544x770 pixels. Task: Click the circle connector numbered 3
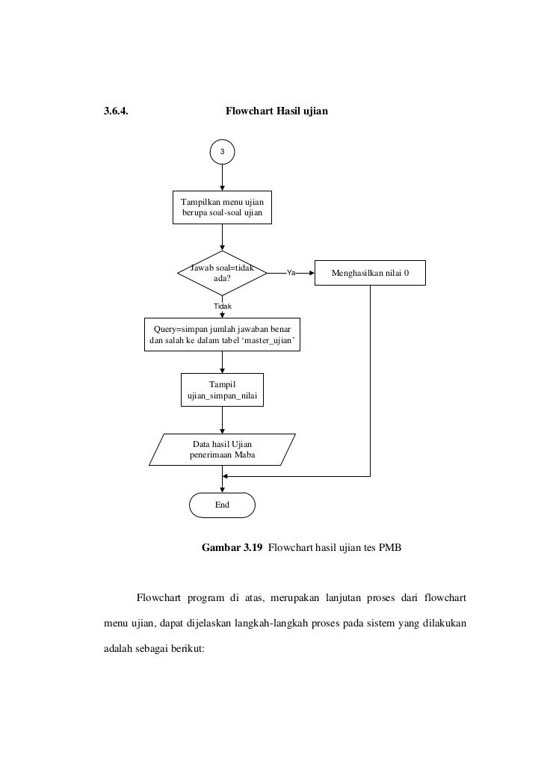tap(222, 152)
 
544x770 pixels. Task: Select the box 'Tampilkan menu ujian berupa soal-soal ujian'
tap(222, 209)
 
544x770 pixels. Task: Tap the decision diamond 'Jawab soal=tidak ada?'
tap(222, 273)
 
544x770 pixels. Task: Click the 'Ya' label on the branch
tap(291, 273)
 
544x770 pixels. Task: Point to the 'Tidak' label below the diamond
tap(223, 307)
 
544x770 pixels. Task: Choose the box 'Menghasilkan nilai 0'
tap(371, 273)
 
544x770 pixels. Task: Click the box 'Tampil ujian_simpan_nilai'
tap(222, 389)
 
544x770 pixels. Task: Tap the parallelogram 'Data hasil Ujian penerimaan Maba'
tap(222, 449)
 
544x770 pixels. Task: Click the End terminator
tap(222, 505)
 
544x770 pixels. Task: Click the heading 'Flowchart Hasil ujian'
tap(277, 111)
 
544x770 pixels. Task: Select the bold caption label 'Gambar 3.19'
tap(232, 547)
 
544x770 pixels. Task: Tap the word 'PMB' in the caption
tap(390, 547)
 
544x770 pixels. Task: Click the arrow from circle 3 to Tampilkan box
tap(222, 178)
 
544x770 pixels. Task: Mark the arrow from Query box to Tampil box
tap(222, 362)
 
